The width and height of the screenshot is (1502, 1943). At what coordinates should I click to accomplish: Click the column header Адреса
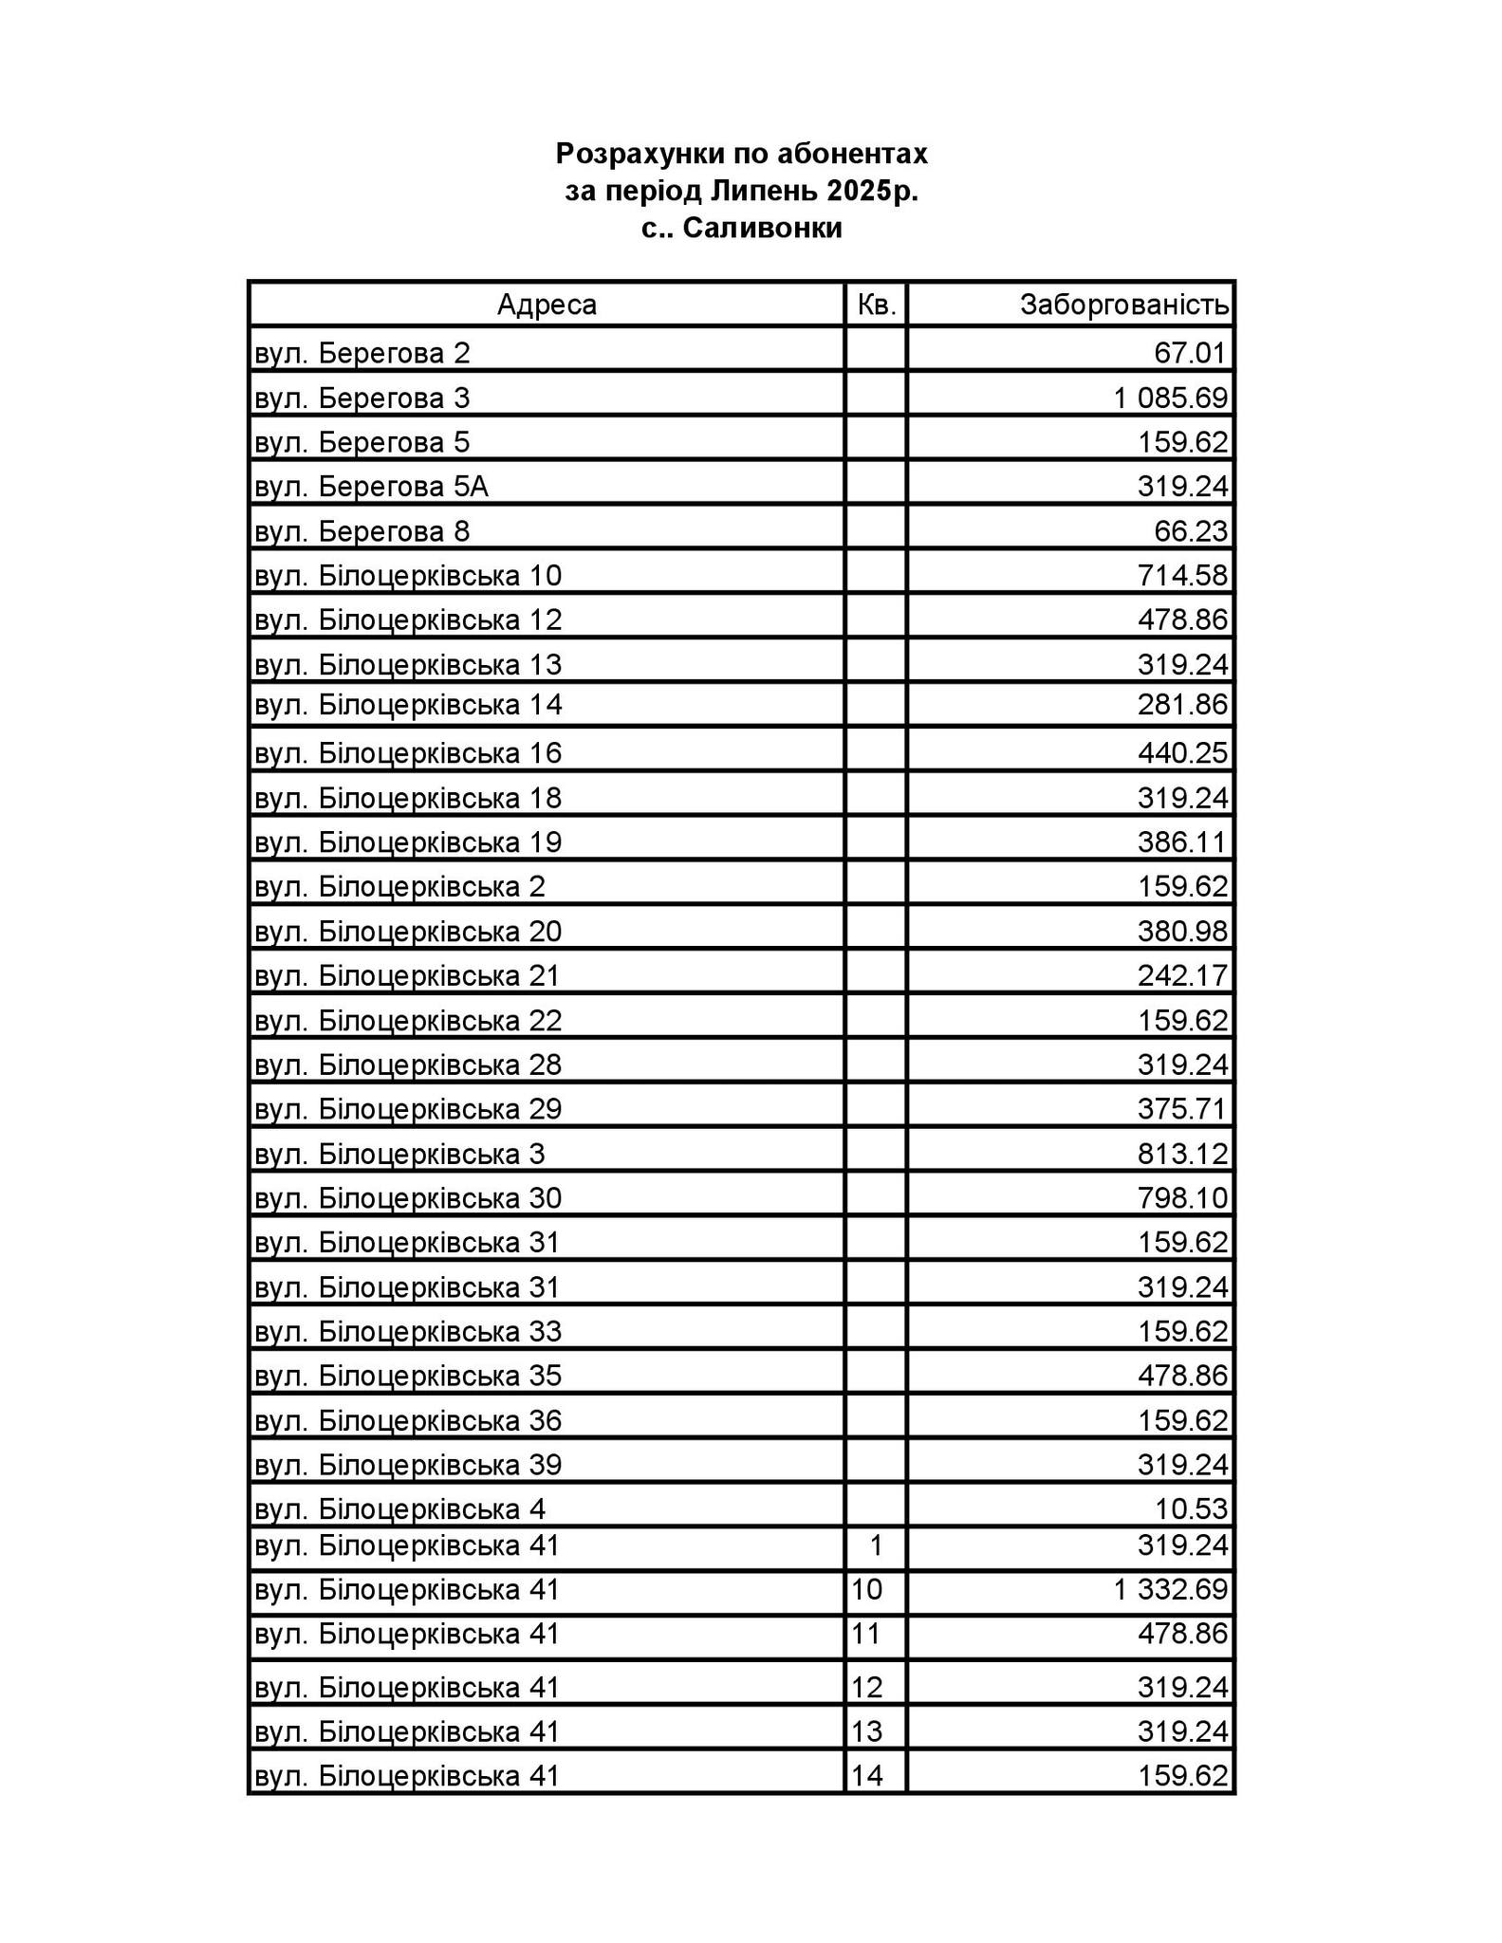click(547, 305)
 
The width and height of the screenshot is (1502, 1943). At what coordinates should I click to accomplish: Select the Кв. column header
click(876, 305)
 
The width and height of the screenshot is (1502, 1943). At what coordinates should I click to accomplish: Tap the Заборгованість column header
click(1123, 305)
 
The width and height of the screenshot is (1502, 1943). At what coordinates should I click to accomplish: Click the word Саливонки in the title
click(762, 229)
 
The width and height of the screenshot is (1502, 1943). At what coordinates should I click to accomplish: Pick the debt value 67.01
click(1191, 353)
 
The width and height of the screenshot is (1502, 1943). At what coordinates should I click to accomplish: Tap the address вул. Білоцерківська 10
click(408, 576)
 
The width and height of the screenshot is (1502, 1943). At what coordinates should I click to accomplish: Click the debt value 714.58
click(1182, 576)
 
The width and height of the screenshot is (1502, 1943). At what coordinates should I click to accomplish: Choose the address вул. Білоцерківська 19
click(408, 842)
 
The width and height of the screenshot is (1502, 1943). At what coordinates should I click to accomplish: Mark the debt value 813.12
click(1182, 1154)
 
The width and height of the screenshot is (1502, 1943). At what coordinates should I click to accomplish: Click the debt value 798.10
click(1182, 1198)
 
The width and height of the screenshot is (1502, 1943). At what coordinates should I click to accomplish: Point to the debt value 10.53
click(1191, 1508)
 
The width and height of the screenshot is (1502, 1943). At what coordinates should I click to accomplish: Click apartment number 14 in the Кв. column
click(867, 1775)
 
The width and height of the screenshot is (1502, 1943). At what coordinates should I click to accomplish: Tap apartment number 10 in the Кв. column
click(867, 1589)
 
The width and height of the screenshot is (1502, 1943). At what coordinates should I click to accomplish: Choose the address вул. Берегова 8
click(362, 531)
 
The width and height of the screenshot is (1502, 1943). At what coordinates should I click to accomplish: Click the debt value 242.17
click(1182, 975)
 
